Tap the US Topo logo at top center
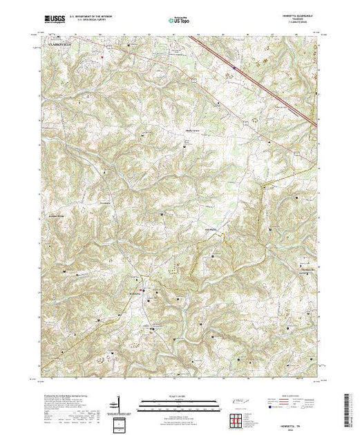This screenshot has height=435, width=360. coord(179,21)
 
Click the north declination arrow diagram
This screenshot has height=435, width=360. coord(119,404)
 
